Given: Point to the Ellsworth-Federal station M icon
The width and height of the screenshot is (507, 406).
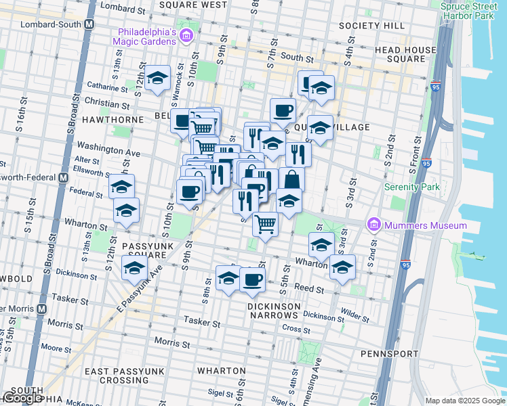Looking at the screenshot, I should click(63, 177).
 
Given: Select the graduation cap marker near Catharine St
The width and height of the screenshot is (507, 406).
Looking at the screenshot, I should click(157, 78).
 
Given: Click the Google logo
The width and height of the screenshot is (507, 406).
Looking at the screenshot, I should click(22, 398).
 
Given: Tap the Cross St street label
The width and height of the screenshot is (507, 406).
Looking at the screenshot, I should click(296, 328).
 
